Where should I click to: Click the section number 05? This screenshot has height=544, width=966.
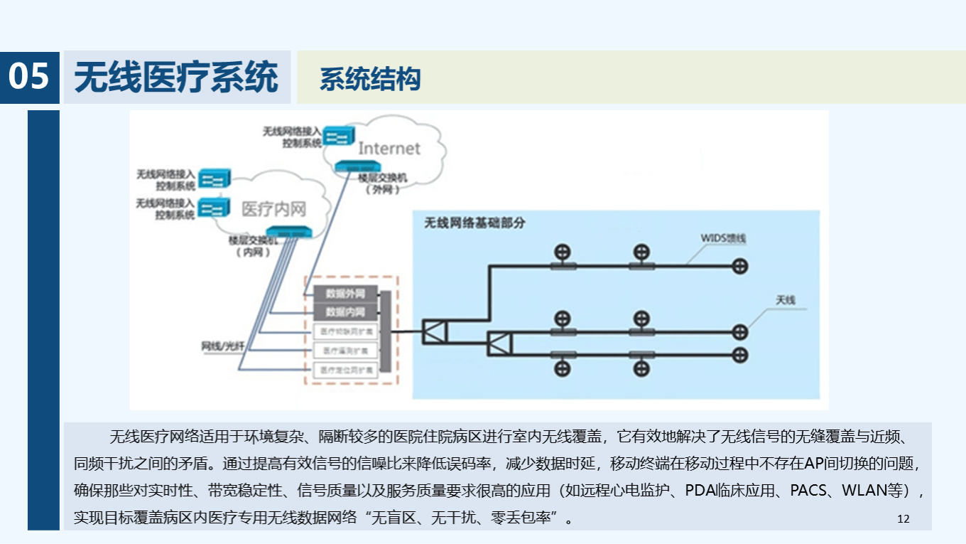pyautogui.click(x=29, y=77)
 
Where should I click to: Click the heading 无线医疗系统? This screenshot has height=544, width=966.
pyautogui.click(x=176, y=77)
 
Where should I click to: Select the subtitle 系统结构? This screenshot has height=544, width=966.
pyautogui.click(x=370, y=79)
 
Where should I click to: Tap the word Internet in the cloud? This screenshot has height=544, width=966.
pyautogui.click(x=389, y=149)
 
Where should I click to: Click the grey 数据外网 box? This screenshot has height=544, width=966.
pyautogui.click(x=344, y=293)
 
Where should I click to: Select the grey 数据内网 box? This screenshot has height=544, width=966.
pyautogui.click(x=344, y=312)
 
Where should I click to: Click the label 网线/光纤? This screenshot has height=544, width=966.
pyautogui.click(x=222, y=346)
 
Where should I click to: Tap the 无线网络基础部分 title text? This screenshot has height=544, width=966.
pyautogui.click(x=474, y=223)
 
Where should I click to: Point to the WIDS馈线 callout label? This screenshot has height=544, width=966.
pyautogui.click(x=723, y=238)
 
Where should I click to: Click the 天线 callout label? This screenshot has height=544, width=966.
pyautogui.click(x=785, y=300)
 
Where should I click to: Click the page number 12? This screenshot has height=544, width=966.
pyautogui.click(x=903, y=518)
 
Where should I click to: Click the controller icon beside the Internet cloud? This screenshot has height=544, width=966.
pyautogui.click(x=338, y=135)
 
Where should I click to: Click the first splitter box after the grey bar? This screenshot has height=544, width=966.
pyautogui.click(x=433, y=331)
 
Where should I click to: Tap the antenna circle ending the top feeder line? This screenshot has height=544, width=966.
pyautogui.click(x=740, y=266)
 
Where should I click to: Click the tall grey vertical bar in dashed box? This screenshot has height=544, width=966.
pyautogui.click(x=385, y=331)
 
